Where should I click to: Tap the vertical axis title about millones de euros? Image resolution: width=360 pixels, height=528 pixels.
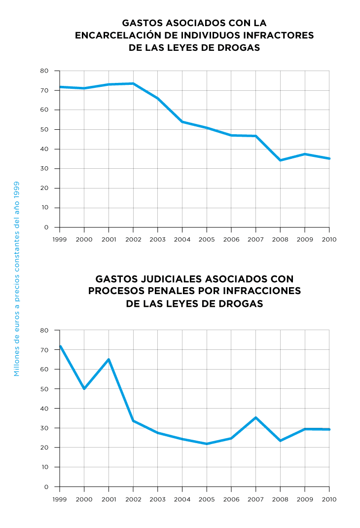17,279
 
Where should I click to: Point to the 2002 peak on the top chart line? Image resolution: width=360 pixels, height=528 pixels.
133,83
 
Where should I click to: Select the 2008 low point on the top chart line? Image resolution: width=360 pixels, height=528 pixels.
280,160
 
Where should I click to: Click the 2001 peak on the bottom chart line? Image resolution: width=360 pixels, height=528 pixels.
108,359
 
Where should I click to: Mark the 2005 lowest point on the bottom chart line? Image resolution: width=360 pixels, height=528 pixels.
207,444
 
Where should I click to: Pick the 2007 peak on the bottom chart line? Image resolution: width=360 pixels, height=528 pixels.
255,417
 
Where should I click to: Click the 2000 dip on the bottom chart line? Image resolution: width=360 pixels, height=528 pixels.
84,388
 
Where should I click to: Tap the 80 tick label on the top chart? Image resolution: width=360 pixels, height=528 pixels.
44,71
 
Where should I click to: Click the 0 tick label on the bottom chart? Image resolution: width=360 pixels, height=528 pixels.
46,487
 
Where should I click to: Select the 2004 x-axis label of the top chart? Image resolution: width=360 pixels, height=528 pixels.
182,239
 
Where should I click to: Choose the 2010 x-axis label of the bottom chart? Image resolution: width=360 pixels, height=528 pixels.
329,499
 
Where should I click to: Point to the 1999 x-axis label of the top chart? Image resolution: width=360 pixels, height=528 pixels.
60,239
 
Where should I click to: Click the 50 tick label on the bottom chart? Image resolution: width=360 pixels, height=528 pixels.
44,389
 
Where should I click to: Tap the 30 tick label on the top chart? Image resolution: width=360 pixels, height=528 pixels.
44,169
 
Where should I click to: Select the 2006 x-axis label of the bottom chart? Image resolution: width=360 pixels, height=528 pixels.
231,499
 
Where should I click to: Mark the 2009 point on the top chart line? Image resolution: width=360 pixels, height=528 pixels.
305,154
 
